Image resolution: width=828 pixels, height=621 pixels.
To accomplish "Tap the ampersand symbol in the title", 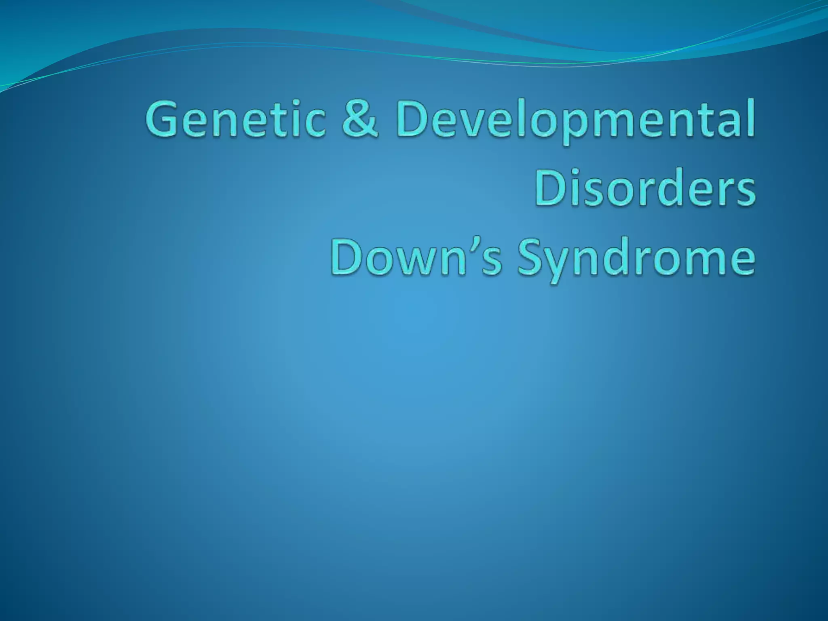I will [360, 118].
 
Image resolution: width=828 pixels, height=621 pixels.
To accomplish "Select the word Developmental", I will [576, 120].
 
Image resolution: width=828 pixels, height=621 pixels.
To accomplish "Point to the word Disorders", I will [645, 188].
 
